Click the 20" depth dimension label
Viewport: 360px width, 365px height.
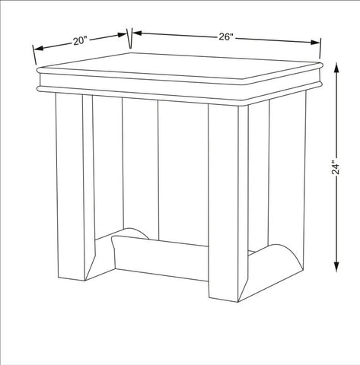point(80,40)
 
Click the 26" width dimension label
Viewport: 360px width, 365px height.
point(226,37)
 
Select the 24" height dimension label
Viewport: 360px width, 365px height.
point(336,167)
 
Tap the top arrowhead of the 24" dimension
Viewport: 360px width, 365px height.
point(336,68)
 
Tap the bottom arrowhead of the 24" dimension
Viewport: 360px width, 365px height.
point(336,267)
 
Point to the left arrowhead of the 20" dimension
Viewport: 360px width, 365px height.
point(39,48)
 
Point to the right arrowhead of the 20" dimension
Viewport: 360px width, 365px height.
point(121,35)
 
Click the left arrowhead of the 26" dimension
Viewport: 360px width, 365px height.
point(137,33)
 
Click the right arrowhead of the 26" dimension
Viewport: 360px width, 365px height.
point(315,43)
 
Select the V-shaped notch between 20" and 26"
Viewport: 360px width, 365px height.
point(130,38)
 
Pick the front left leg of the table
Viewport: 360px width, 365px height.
point(75,188)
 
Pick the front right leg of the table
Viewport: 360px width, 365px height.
point(228,203)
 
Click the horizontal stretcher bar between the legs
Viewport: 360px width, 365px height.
point(160,257)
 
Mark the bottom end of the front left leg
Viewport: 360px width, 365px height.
point(72,279)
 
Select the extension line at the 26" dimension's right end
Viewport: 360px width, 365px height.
point(320,48)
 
